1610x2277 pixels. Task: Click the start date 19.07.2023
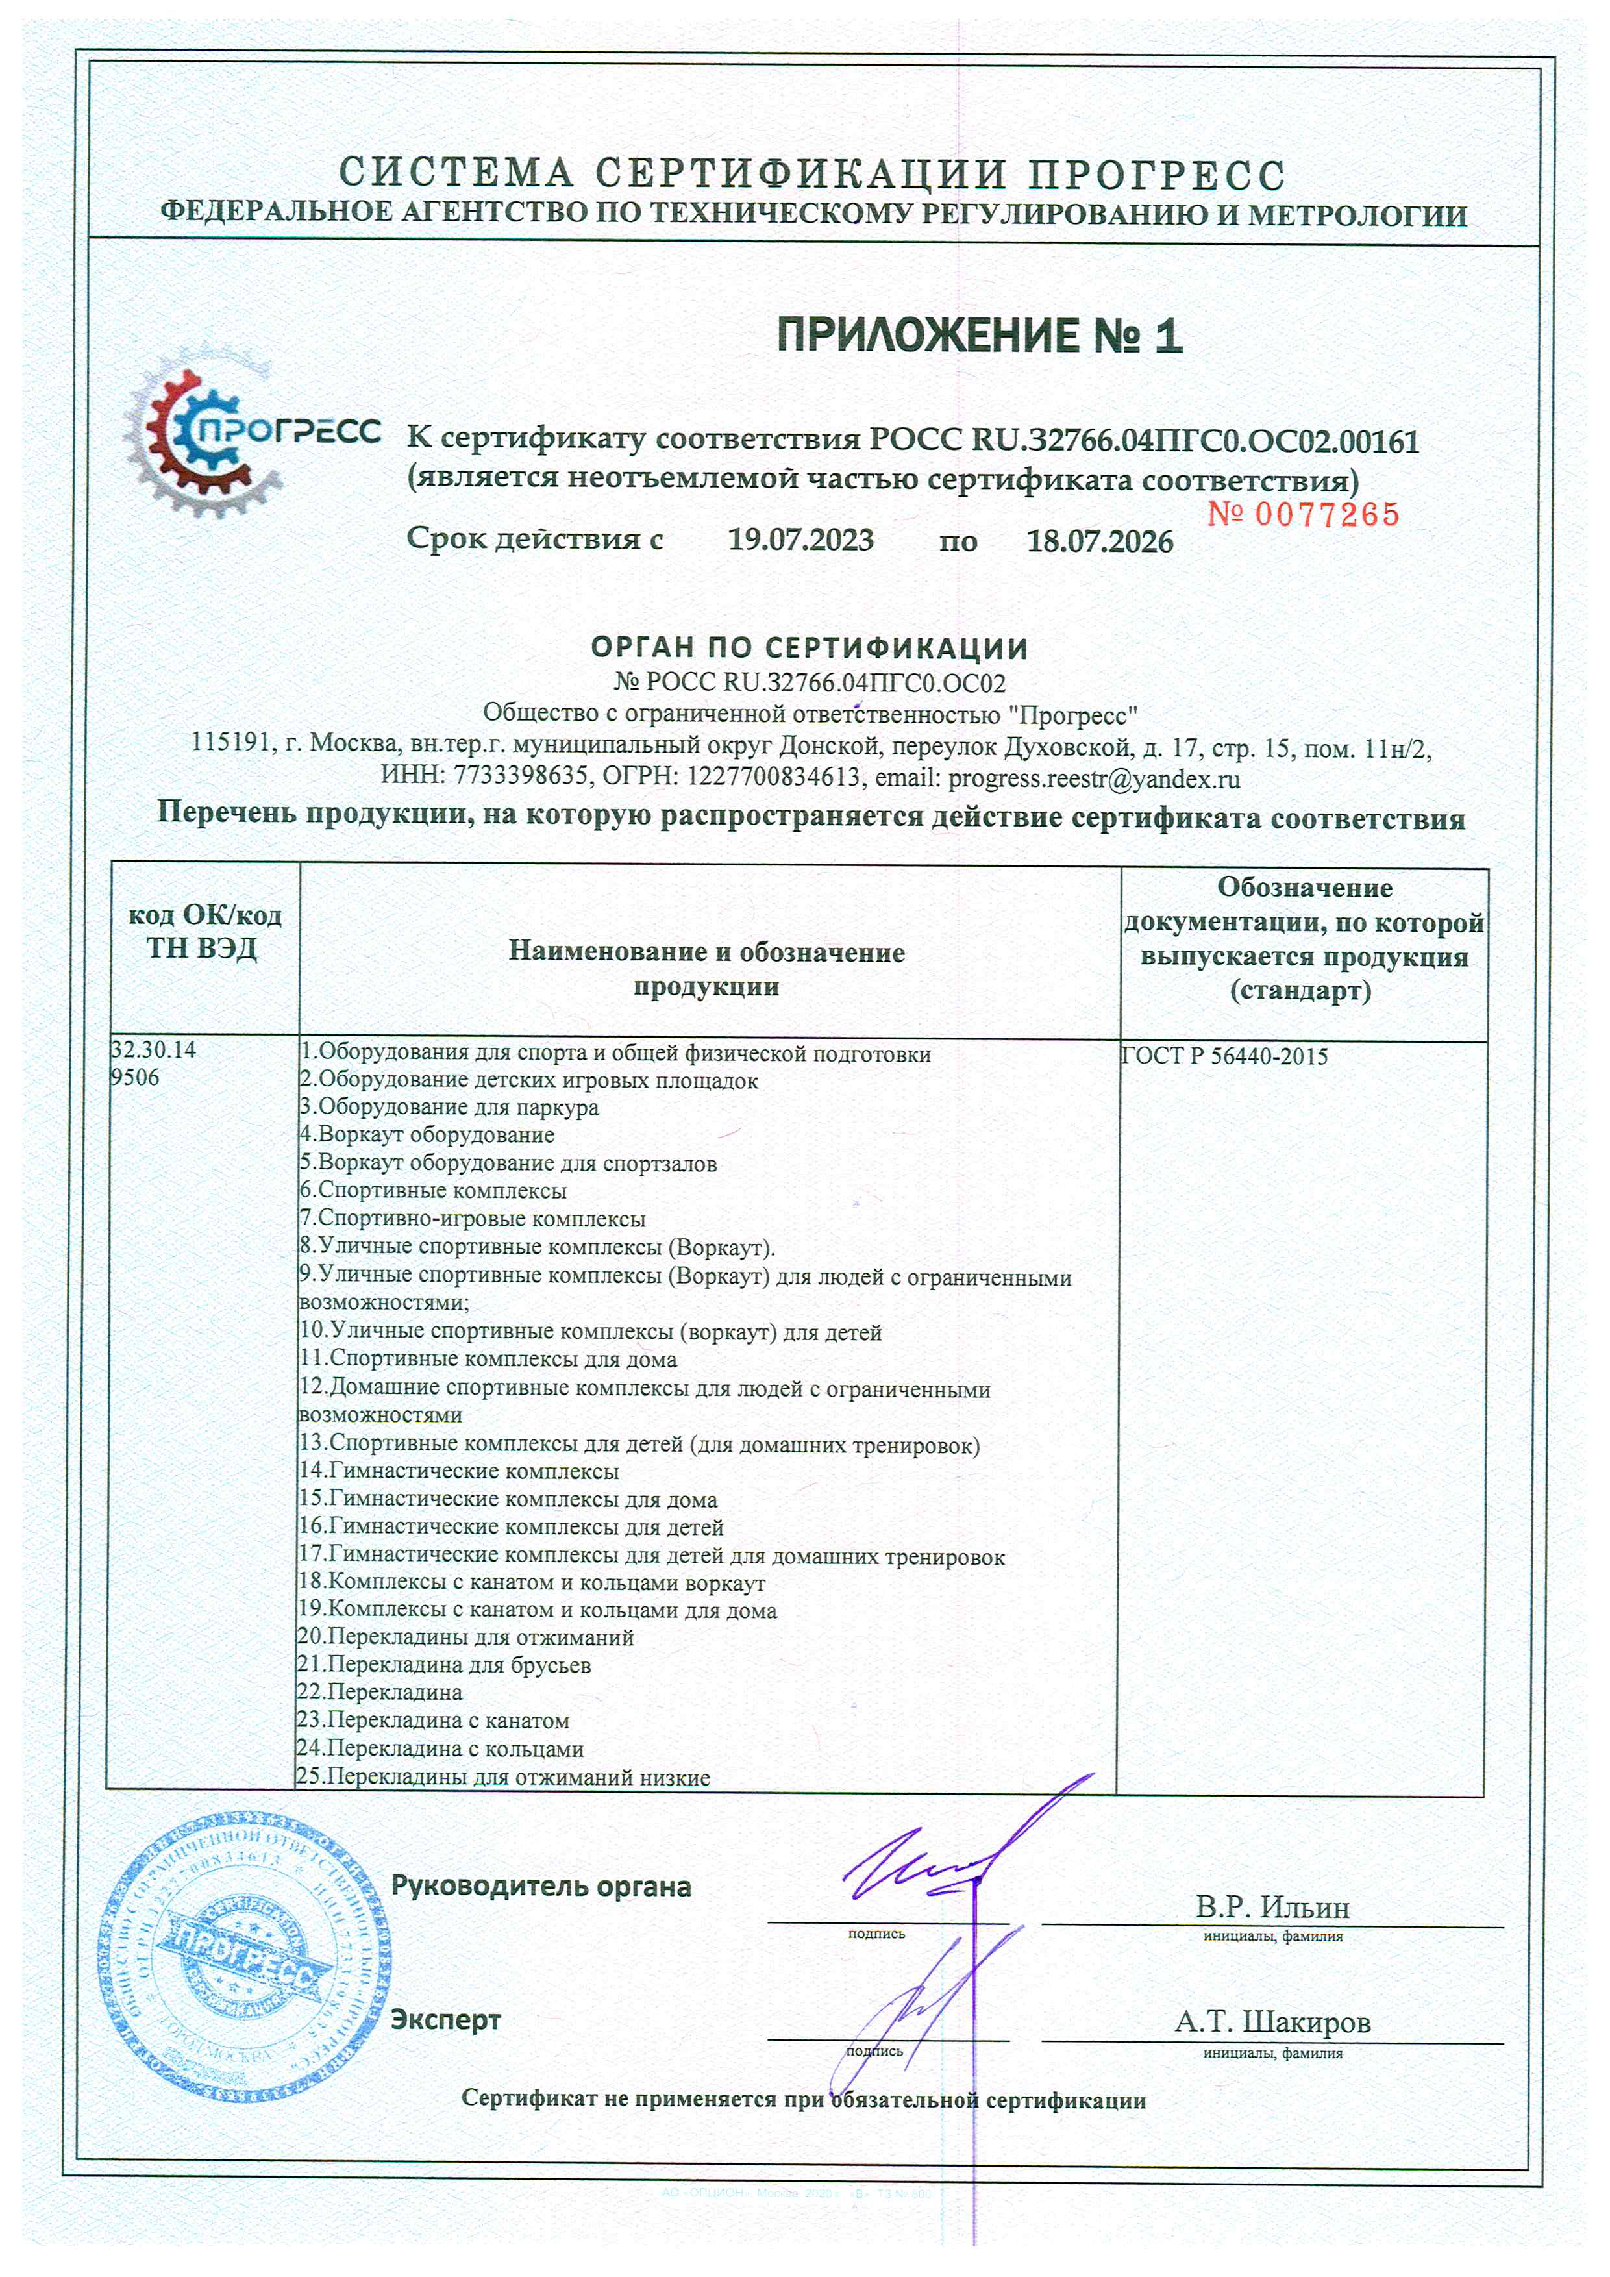click(x=801, y=540)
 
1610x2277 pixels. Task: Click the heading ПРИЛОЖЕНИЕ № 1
click(x=980, y=337)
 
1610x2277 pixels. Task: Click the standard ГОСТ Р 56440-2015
click(x=1224, y=1056)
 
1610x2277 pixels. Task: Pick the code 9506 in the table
click(x=135, y=1078)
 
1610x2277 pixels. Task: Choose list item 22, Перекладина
click(x=380, y=1692)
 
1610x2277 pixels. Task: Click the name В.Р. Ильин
click(x=1272, y=1907)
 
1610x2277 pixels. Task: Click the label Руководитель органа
click(x=541, y=1886)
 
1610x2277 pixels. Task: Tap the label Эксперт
click(x=446, y=2019)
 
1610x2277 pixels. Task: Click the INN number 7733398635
click(x=521, y=778)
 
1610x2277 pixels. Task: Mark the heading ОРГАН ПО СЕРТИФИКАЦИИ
click(x=809, y=649)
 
